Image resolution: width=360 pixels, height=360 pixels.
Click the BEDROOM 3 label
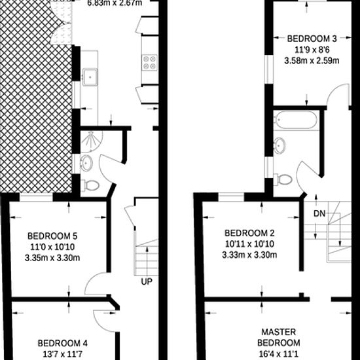point(312,39)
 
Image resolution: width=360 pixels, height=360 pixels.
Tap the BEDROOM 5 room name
point(52,236)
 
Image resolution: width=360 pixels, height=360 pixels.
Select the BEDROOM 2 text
point(249,233)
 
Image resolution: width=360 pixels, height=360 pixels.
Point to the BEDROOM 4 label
point(62,344)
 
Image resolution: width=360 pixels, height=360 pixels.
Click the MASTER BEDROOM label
point(278,337)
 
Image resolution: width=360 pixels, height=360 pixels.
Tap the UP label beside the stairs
point(147,281)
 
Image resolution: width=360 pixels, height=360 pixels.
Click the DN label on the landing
point(319,214)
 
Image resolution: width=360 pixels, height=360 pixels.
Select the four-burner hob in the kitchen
point(150,62)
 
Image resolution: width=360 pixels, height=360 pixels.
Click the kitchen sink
point(90,77)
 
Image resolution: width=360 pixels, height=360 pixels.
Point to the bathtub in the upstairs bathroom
point(296,120)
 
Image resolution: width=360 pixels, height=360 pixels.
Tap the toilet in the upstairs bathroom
point(283,179)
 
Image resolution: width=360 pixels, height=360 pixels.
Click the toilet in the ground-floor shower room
point(90,185)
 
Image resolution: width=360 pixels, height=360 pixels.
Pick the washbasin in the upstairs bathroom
point(279,145)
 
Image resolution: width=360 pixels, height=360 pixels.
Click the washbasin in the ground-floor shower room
point(86,163)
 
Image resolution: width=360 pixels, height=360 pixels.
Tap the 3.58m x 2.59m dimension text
point(312,61)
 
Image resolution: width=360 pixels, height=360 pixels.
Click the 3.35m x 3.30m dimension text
point(52,258)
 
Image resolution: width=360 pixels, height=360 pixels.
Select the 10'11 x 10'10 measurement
point(249,244)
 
